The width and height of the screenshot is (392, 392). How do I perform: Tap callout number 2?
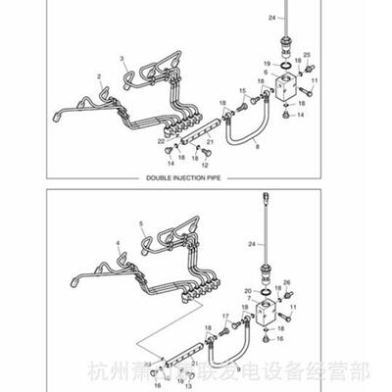(99, 75)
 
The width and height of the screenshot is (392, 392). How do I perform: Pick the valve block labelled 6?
(287, 88)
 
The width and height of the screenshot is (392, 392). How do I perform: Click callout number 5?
(141, 224)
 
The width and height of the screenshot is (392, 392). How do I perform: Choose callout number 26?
(286, 283)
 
